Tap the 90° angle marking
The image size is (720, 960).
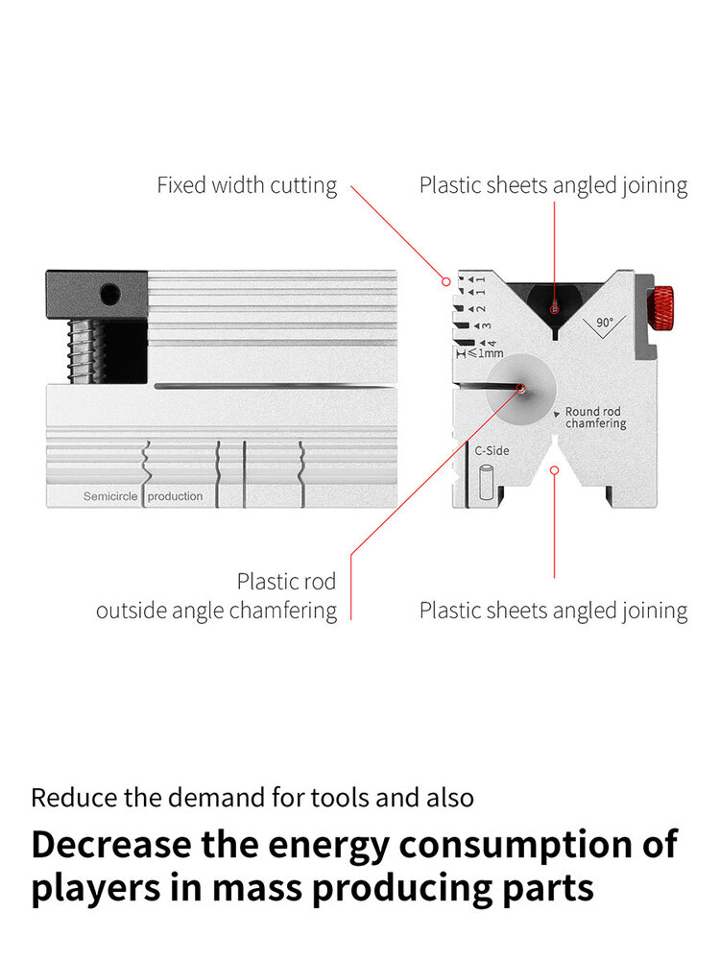coord(604,322)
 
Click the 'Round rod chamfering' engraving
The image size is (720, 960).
coord(595,418)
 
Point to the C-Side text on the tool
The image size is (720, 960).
coord(492,450)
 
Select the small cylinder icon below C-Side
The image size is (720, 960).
coord(486,483)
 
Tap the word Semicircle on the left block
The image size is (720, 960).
coord(110,496)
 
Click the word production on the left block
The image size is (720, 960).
coord(175,496)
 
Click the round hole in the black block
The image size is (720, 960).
coord(110,295)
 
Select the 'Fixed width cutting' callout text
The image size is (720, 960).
coord(247,185)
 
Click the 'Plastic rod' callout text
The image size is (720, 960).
coord(286,581)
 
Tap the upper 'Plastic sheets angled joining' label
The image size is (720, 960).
coord(554,185)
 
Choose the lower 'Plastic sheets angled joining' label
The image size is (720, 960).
coord(554,611)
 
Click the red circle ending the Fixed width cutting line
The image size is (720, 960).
coord(446,281)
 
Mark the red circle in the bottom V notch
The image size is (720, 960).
coord(554,470)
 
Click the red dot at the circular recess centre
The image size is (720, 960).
coord(521,388)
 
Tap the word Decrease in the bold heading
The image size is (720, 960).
coord(111,845)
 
